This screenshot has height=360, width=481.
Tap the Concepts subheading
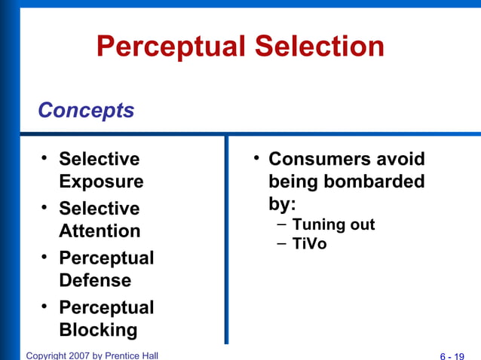[x=86, y=111]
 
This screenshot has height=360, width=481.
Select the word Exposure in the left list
[x=101, y=182]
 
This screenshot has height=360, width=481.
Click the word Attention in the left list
[x=100, y=231]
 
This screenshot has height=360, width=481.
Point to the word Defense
[x=95, y=281]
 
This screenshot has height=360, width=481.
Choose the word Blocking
[x=98, y=330]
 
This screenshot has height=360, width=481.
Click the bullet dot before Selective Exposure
[x=45, y=157]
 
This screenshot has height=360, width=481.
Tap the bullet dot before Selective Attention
[x=45, y=206]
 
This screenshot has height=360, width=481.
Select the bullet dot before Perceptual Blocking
[x=45, y=306]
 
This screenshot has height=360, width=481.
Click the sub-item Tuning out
[x=333, y=224]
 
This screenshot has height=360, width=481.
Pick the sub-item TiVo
[x=309, y=244]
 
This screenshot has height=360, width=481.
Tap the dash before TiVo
[x=281, y=243]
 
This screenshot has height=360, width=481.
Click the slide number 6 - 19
[x=452, y=355]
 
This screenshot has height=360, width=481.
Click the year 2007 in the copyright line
[x=78, y=355]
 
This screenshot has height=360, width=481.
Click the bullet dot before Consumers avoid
[x=256, y=157]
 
